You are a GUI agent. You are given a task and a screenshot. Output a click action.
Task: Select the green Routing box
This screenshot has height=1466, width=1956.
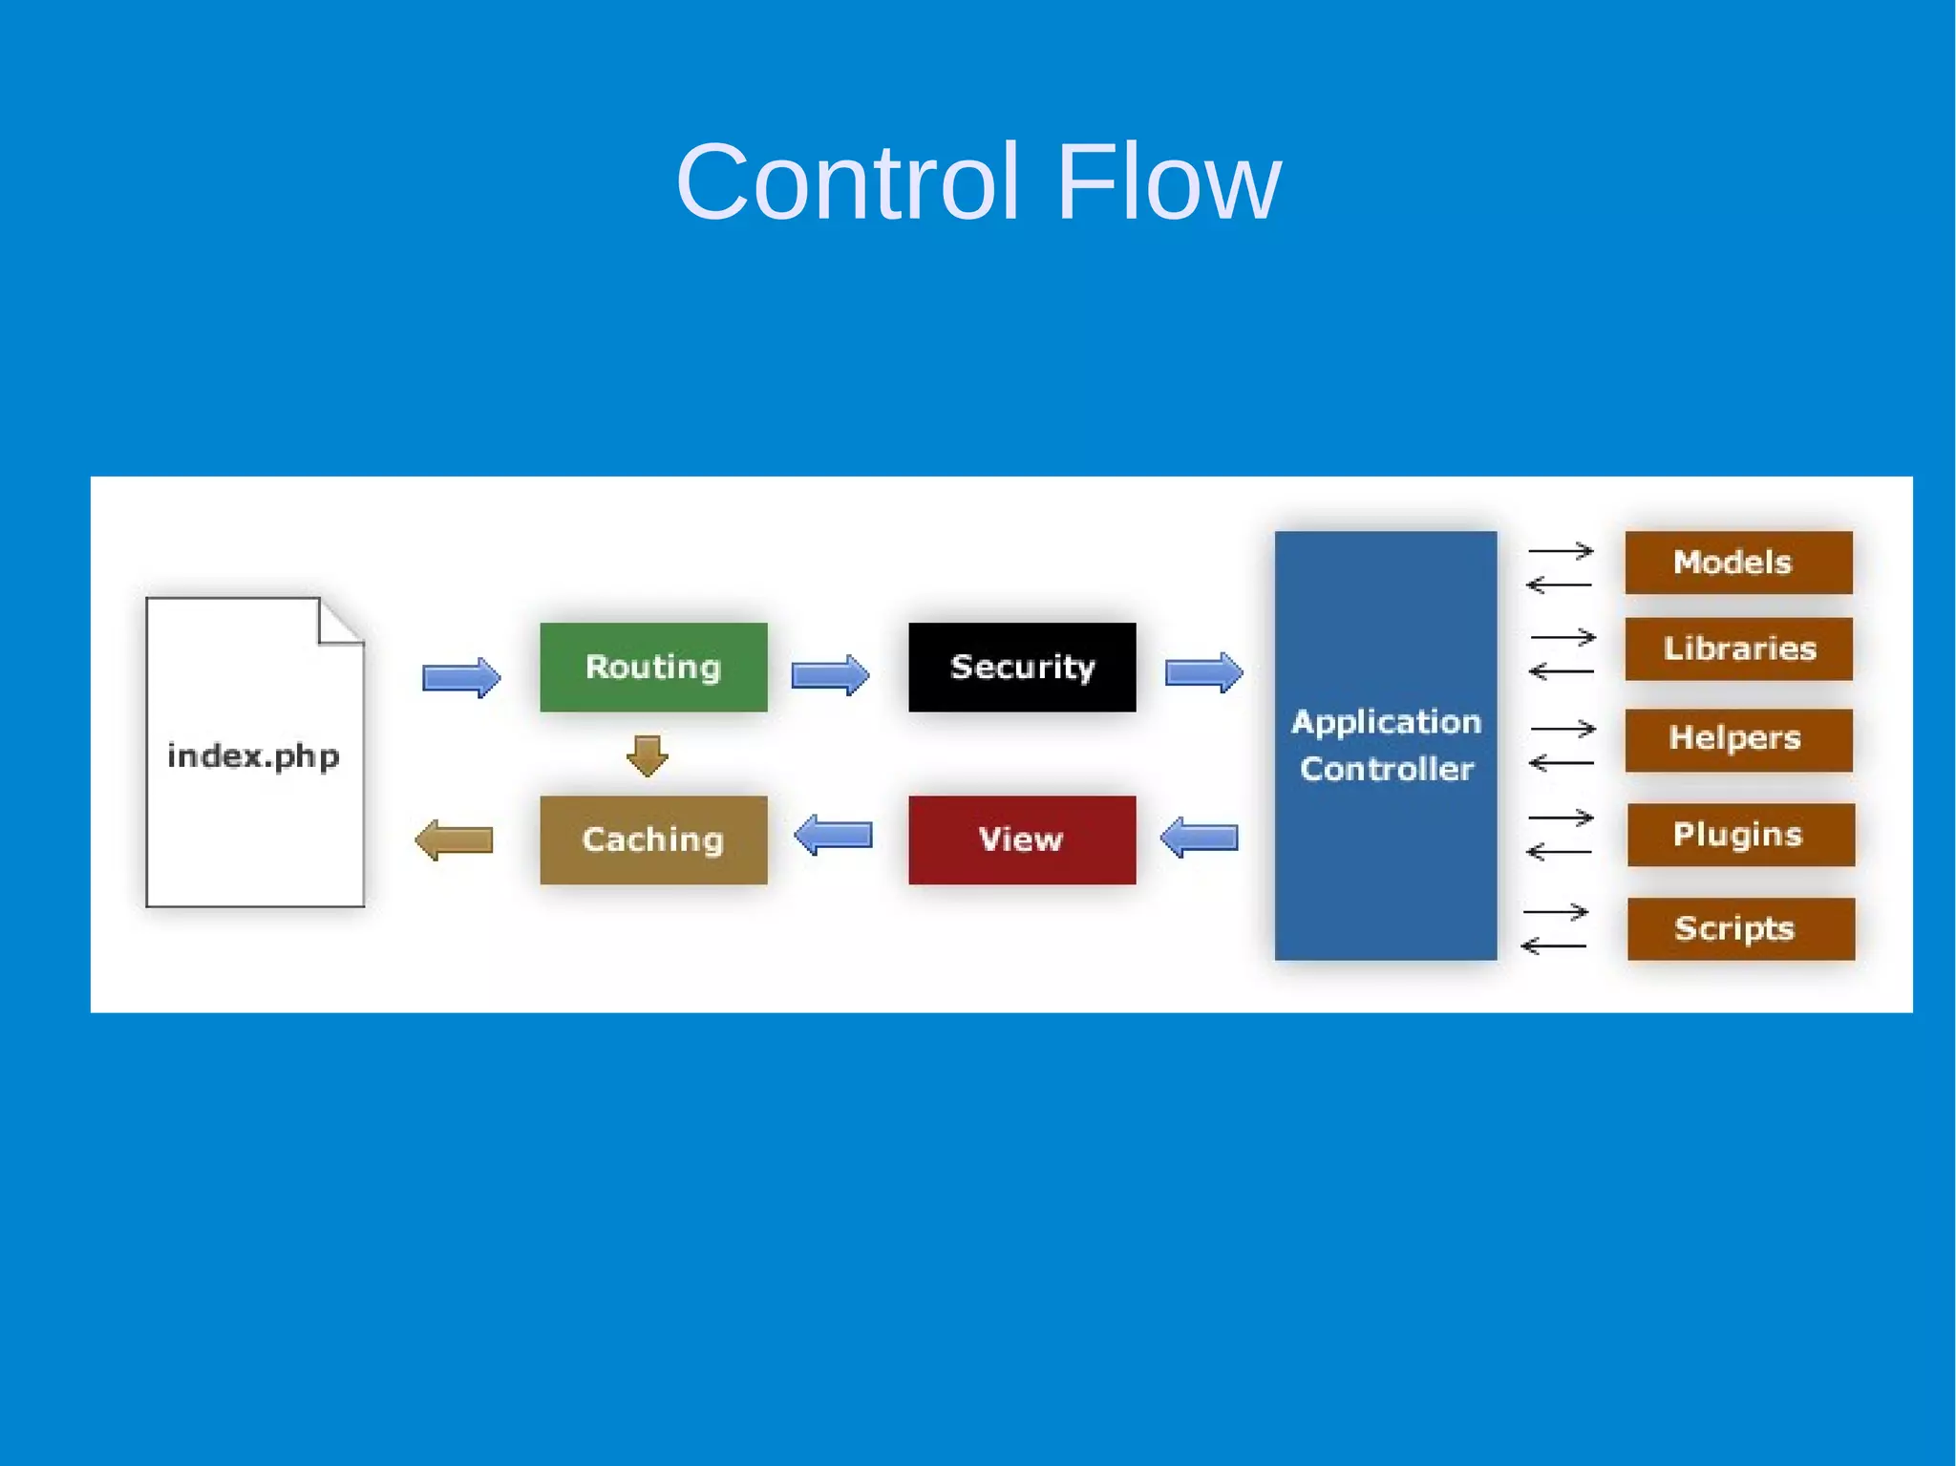point(653,667)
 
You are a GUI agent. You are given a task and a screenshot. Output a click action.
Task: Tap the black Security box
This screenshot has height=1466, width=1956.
point(1022,667)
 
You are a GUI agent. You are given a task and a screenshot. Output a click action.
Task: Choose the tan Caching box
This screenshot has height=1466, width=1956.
point(653,839)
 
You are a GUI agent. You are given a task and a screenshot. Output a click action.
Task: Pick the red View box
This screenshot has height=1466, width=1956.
point(1022,839)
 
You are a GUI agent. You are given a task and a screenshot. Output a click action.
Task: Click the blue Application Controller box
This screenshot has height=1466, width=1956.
point(1385,745)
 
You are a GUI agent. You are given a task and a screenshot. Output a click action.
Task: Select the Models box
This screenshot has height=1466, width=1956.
point(1738,563)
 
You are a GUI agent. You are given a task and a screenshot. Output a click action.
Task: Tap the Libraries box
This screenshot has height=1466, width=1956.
point(1738,648)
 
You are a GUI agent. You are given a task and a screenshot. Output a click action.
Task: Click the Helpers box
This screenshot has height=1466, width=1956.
point(1738,739)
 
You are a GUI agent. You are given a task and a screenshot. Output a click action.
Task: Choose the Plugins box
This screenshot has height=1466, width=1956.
point(1740,835)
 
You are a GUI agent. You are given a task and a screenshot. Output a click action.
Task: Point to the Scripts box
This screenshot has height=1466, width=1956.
point(1740,928)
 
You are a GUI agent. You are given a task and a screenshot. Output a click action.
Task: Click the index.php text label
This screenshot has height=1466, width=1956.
point(253,756)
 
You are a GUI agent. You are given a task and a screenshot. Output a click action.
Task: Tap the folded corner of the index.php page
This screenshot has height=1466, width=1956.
point(338,623)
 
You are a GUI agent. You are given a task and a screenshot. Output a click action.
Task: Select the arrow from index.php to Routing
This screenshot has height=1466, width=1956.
point(461,677)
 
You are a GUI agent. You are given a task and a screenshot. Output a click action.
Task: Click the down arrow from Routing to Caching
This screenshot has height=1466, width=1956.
point(648,754)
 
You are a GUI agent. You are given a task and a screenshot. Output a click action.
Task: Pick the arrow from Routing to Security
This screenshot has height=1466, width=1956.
point(830,675)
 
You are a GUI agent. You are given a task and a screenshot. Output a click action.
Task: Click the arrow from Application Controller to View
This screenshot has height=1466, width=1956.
point(1200,838)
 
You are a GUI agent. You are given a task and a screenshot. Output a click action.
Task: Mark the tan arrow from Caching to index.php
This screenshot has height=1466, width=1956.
point(455,840)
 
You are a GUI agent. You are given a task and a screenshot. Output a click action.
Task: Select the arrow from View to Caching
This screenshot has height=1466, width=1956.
point(834,836)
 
